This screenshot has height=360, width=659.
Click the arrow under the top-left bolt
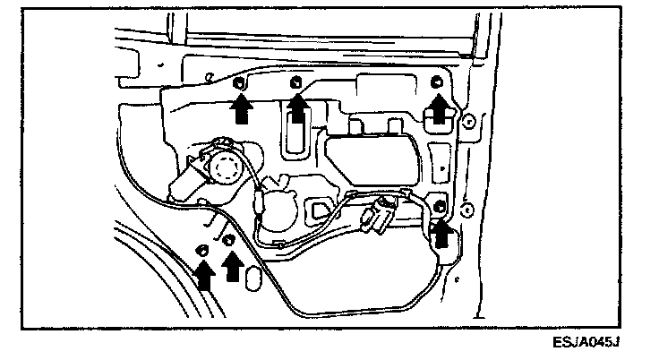pos(239,109)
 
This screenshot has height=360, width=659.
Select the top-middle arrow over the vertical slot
pos(298,110)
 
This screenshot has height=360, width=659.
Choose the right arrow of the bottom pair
pos(232,266)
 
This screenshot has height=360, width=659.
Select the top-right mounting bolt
pos(437,83)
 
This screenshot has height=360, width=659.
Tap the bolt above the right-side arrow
pos(440,208)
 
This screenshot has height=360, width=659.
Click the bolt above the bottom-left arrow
pos(202,248)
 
